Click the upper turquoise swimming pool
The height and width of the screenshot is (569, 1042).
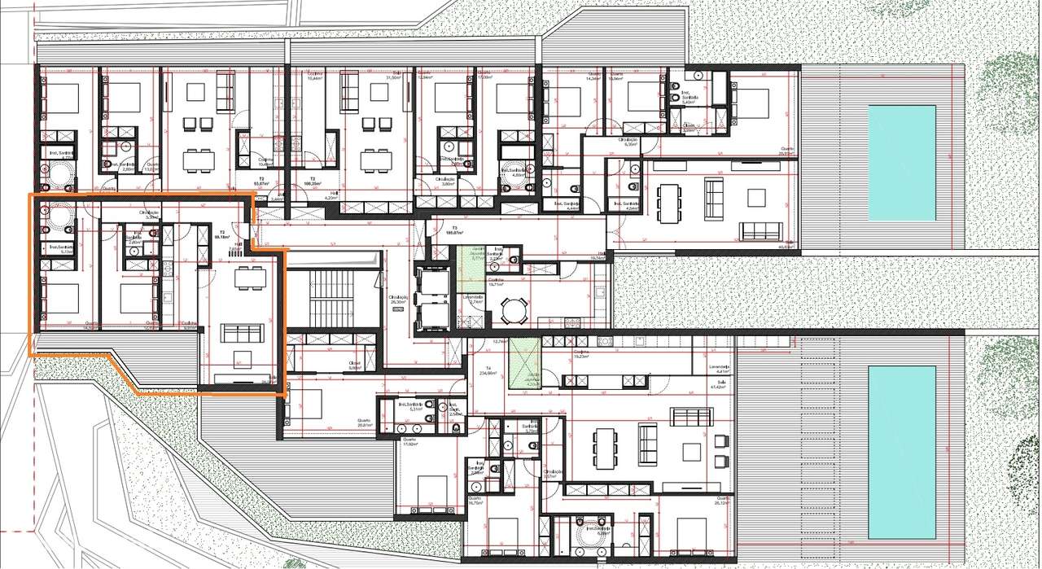tap(902, 162)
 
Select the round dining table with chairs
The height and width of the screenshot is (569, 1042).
tap(514, 309)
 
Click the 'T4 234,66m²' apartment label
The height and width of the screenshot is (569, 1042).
tap(488, 370)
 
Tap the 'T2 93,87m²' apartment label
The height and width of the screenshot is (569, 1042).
tap(262, 182)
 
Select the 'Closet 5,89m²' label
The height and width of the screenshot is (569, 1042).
tap(354, 365)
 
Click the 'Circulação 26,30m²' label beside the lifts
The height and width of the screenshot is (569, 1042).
tap(398, 299)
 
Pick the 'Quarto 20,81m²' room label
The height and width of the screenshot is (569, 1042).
tap(364, 422)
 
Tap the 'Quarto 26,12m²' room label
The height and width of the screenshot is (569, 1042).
tap(720, 501)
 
